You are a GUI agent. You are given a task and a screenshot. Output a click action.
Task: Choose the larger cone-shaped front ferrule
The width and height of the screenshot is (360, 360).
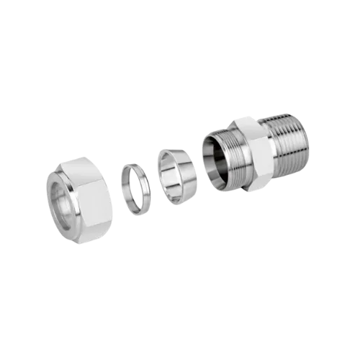click(x=176, y=176)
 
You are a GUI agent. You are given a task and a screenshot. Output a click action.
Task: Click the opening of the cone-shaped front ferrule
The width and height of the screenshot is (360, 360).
click(x=171, y=176)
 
